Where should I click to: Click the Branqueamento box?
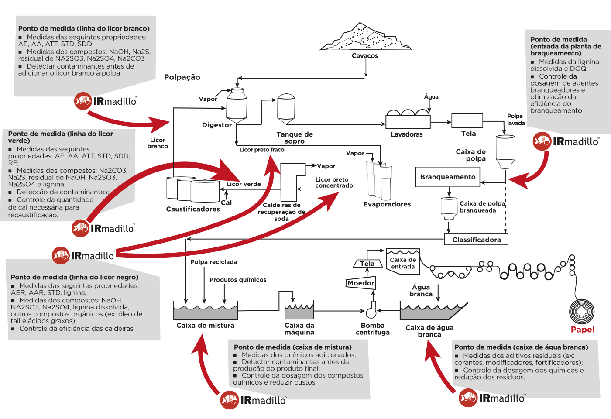point(448,177)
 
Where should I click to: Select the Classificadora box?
point(476,240)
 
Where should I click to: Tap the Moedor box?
point(361,283)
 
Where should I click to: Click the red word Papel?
point(583,330)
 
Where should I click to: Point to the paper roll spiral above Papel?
point(582,312)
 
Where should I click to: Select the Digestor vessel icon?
point(237,105)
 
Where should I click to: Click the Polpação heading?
point(182,77)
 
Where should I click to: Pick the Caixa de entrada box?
point(403,262)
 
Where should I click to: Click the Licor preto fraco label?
point(262,150)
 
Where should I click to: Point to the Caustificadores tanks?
point(192,189)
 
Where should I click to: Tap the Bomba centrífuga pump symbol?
point(371,310)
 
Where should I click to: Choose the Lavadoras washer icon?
point(408,119)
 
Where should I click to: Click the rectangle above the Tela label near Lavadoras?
point(467,121)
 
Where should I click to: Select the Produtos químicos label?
point(238,280)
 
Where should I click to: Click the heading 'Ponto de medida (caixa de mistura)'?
point(292,347)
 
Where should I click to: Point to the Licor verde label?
point(244,184)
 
